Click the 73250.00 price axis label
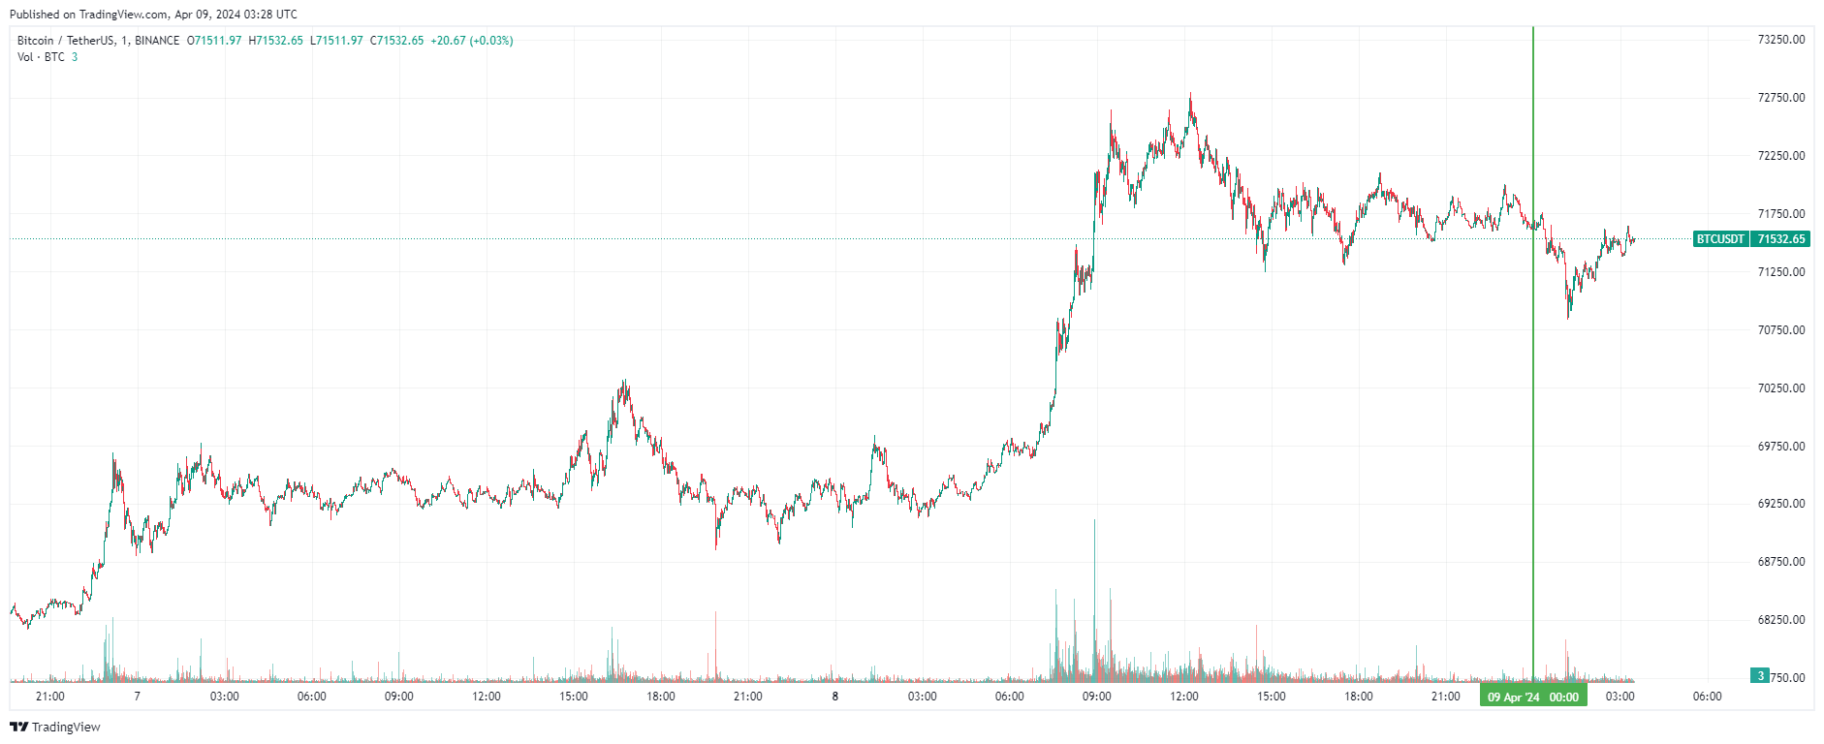1780,40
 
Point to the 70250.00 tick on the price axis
1780,387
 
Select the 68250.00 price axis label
1780,620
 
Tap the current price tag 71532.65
1780,239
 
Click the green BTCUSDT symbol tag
1720,239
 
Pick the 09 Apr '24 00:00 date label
1532,697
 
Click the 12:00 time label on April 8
1183,697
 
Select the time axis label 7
137,697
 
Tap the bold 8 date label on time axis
834,697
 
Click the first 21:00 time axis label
49,697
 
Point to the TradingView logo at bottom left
55,727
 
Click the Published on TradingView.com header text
153,15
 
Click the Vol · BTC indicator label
41,57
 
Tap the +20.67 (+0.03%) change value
472,41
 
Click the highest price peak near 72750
1190,95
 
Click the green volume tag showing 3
1760,676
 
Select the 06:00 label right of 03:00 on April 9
1707,697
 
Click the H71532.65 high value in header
276,41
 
